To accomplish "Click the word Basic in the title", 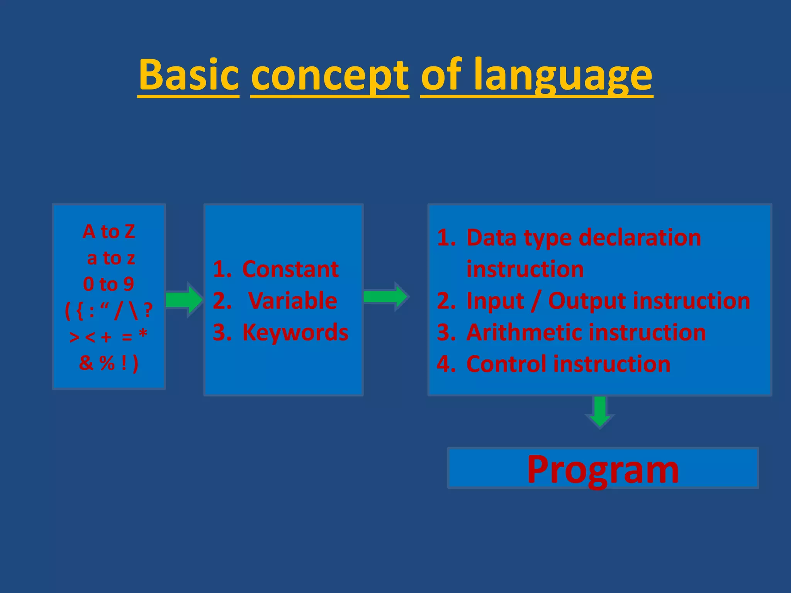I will click(x=189, y=74).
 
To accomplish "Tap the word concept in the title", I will click(x=329, y=75).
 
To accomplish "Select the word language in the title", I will click(x=563, y=75).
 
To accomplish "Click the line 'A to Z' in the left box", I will click(x=109, y=232).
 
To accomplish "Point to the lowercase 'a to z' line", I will click(x=111, y=258).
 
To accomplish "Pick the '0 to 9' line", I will click(x=109, y=284).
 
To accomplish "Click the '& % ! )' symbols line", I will click(x=109, y=363).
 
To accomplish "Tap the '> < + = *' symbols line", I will click(x=109, y=337).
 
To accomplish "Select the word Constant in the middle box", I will click(x=290, y=269).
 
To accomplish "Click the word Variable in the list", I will click(x=292, y=301).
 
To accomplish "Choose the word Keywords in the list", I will click(x=295, y=332).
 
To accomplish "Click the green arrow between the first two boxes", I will click(x=184, y=300).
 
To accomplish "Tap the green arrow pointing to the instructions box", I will click(x=385, y=296).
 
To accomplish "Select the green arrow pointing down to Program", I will click(x=600, y=412).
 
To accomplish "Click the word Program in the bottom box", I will click(x=603, y=469).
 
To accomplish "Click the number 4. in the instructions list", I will click(x=446, y=364).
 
